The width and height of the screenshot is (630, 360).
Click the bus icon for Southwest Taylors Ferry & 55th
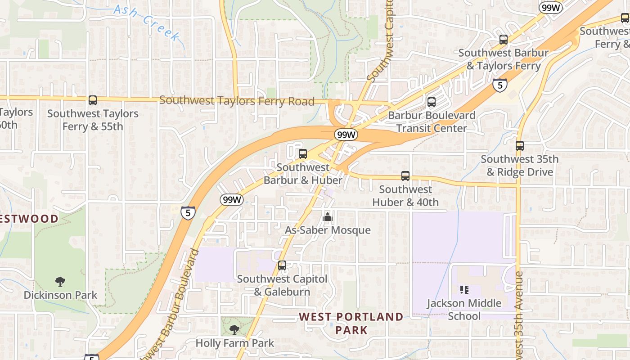click(x=93, y=100)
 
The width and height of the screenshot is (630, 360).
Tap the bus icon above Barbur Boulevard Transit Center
click(x=432, y=102)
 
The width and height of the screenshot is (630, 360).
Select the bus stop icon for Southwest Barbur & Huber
click(x=303, y=154)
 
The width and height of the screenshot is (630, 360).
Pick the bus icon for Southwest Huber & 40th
click(x=405, y=176)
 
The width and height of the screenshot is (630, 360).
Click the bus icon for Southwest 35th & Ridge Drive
click(x=520, y=146)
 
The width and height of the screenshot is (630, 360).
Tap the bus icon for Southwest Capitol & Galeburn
click(x=282, y=265)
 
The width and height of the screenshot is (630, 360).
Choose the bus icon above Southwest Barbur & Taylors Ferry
click(x=504, y=40)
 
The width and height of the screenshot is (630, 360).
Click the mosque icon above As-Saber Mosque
click(x=328, y=217)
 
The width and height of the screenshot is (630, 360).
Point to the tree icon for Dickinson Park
click(x=60, y=282)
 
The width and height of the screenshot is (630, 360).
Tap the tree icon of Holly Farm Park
click(x=234, y=330)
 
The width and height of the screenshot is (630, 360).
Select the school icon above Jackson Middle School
click(x=464, y=290)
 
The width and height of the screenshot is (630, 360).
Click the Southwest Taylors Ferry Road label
click(x=237, y=101)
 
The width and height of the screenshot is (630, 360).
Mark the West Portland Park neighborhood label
click(x=351, y=323)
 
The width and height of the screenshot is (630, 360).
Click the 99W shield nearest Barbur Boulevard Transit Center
click(x=346, y=135)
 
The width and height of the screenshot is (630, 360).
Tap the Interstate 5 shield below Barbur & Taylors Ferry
click(x=500, y=85)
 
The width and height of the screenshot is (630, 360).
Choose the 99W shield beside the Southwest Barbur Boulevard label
click(x=232, y=200)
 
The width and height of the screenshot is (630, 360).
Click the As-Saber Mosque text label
click(x=328, y=230)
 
